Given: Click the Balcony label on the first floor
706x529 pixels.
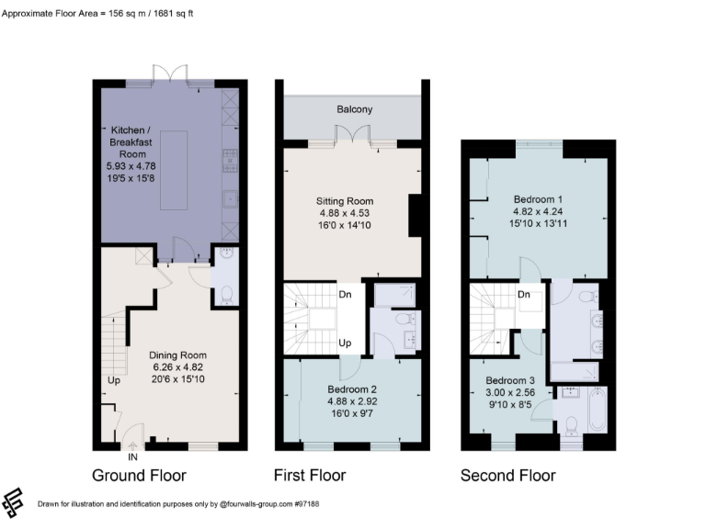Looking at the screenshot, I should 354,109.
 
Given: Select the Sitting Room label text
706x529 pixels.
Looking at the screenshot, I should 346,201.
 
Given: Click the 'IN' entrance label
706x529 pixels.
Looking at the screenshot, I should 132,456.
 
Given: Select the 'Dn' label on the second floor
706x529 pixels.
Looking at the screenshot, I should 523,295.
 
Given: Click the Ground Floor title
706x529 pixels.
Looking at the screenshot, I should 139,476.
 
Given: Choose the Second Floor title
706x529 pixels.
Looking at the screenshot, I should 507,476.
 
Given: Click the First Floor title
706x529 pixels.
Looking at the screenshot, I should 310,476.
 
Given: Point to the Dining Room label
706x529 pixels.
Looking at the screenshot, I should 179,355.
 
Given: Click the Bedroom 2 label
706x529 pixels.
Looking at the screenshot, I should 353,388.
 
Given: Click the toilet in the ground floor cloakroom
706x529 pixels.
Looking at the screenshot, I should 225,295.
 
